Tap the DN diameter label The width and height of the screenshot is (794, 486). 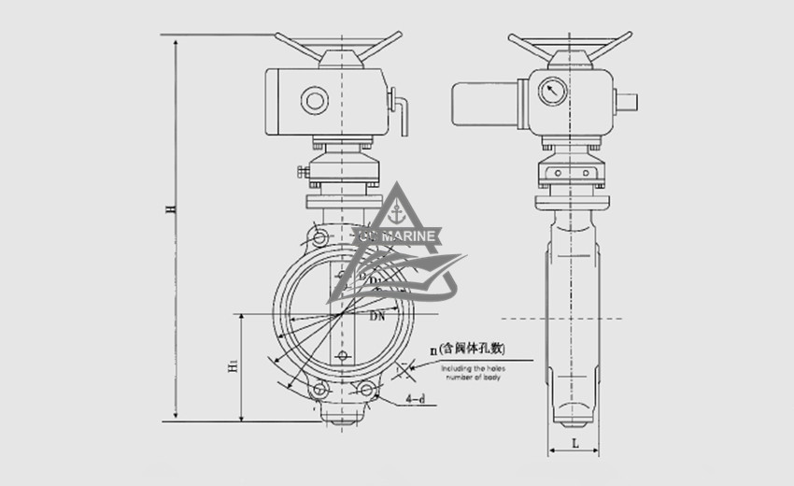377,318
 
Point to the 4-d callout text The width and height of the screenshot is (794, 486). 417,400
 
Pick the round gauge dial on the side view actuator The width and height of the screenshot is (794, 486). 552,91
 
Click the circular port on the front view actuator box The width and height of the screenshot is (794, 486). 315,99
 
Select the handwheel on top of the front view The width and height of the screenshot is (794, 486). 338,43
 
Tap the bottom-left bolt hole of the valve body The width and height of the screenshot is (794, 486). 319,389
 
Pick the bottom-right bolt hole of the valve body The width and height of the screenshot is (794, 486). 365,389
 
